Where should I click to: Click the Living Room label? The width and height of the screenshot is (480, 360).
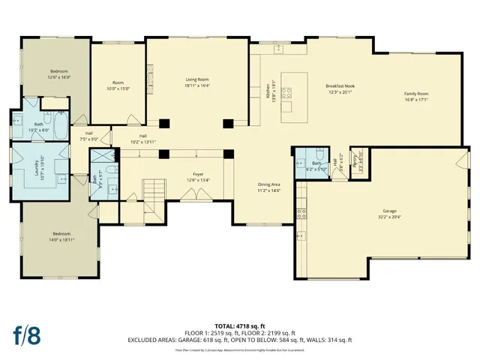click(x=196, y=79)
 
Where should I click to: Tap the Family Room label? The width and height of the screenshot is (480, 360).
click(x=417, y=94)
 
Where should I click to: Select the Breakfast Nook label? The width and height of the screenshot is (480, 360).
click(x=340, y=86)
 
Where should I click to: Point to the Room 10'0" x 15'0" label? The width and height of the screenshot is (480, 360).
click(x=118, y=83)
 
